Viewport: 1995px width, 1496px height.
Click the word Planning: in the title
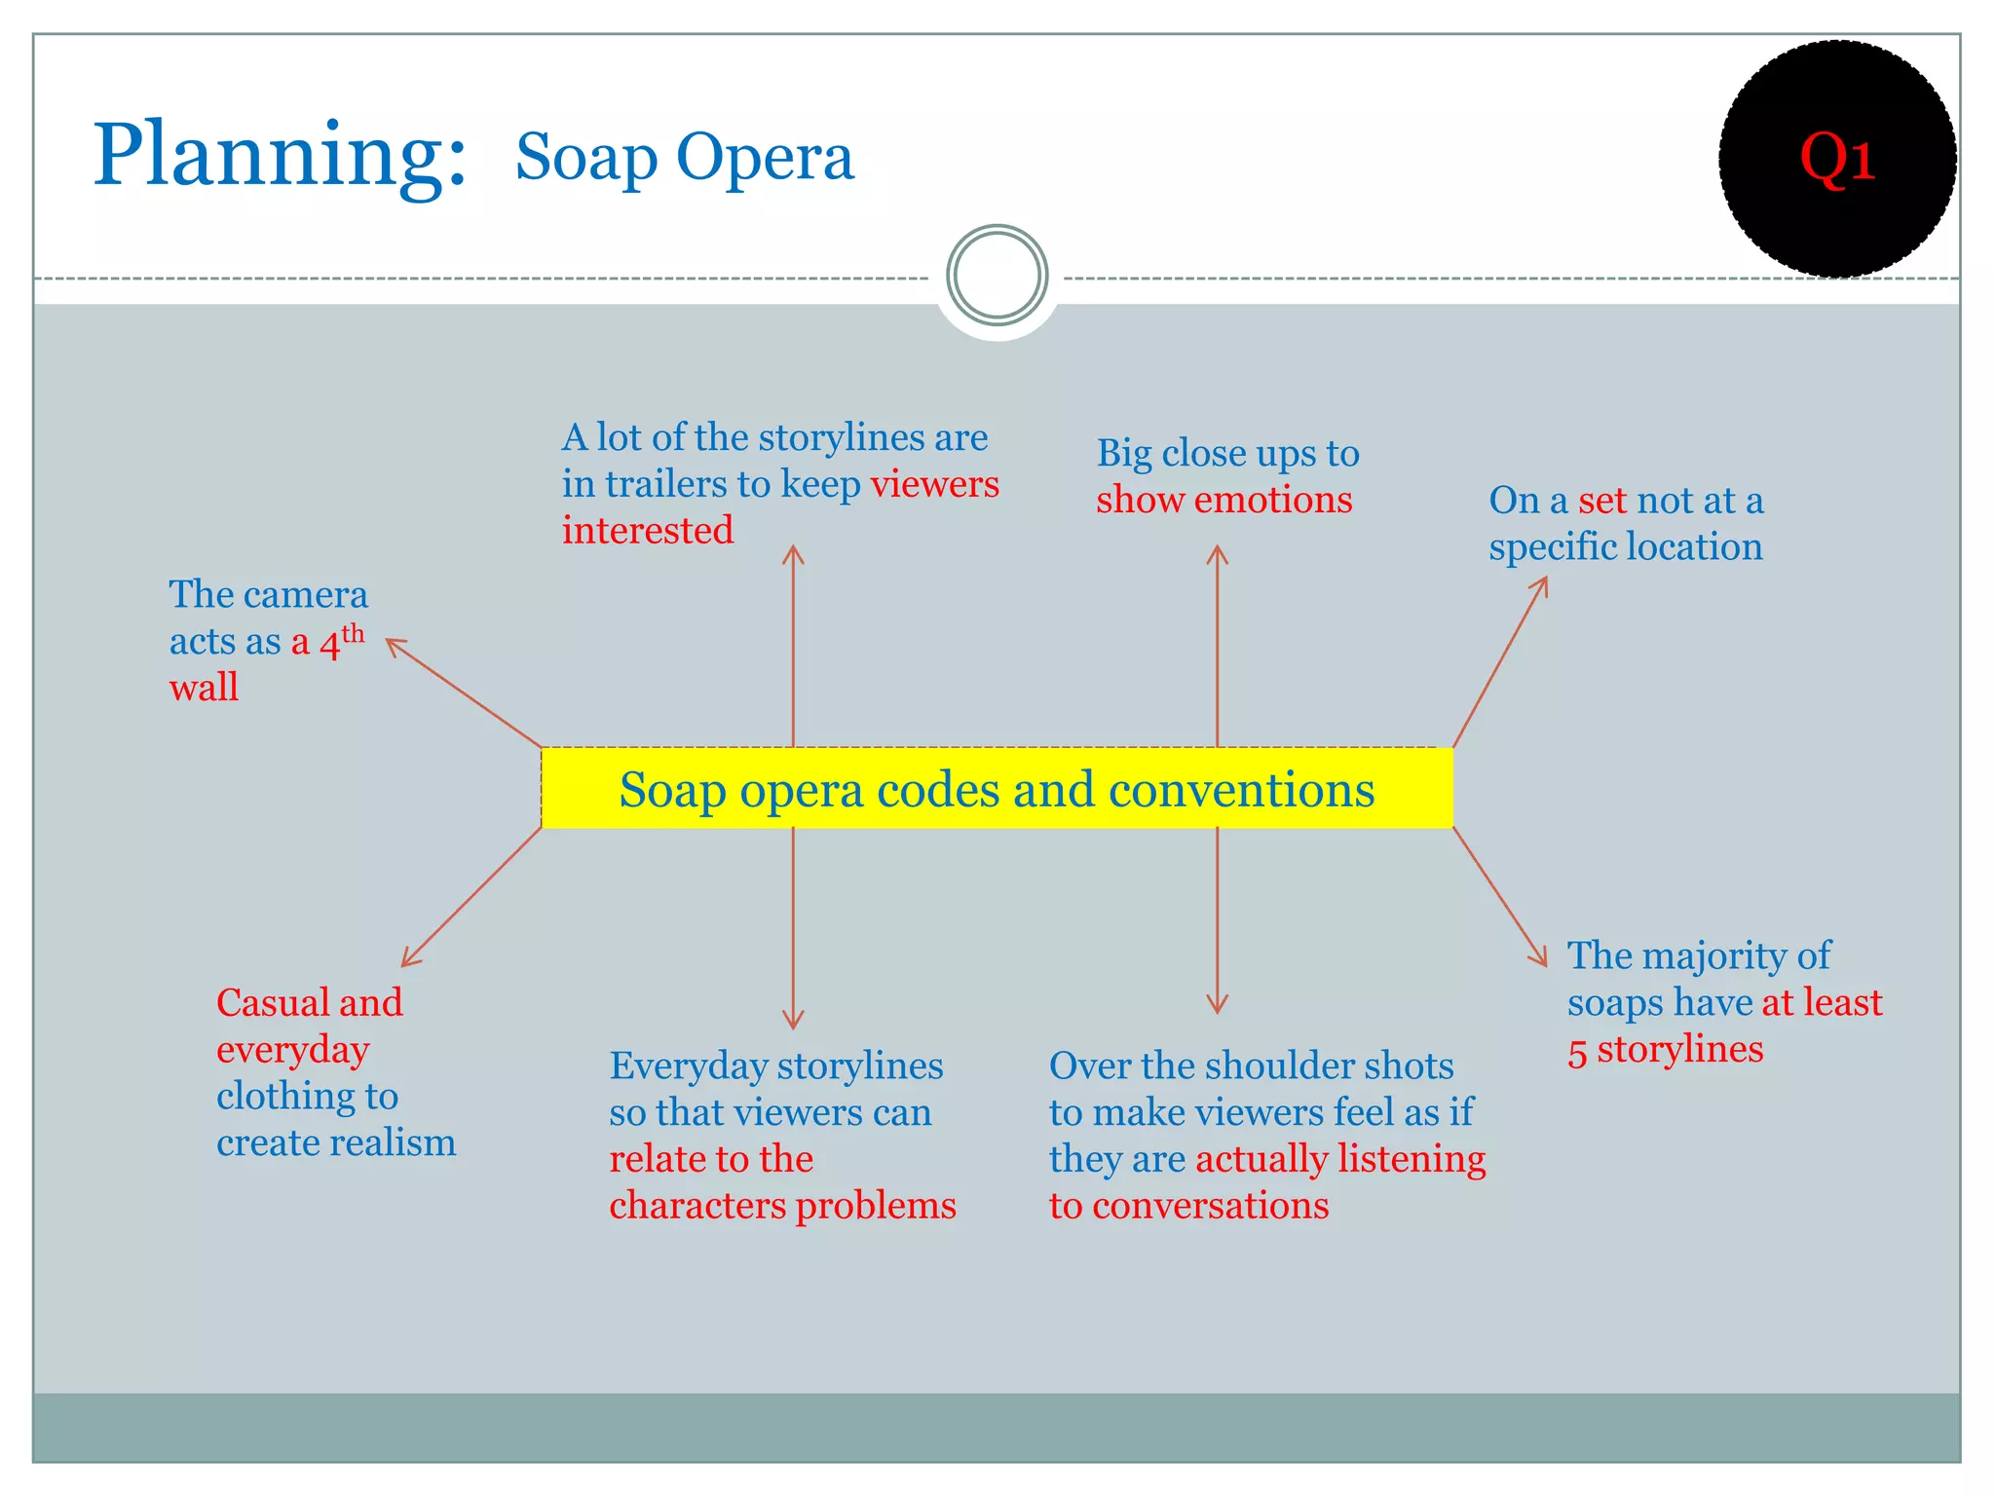[280, 156]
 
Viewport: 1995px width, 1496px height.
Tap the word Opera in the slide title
[765, 158]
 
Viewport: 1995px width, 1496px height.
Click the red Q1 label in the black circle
[1837, 158]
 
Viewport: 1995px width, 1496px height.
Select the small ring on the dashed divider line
[997, 276]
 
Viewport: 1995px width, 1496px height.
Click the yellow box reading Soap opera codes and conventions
[997, 789]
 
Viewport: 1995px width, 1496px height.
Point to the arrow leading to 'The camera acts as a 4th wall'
[464, 693]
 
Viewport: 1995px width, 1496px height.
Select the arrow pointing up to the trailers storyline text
[793, 645]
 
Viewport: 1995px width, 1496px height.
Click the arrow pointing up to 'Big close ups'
[1217, 645]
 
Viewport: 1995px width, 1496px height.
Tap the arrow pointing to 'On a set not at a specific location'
[1500, 662]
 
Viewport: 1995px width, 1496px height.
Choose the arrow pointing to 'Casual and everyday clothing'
[471, 897]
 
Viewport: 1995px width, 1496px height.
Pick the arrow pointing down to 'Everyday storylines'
[793, 928]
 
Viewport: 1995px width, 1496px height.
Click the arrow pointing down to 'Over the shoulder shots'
[1217, 920]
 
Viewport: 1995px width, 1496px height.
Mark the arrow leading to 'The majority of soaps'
[1499, 897]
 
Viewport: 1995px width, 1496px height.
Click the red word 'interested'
[648, 531]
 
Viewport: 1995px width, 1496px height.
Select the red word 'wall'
[204, 689]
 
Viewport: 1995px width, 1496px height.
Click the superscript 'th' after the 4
[353, 634]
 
